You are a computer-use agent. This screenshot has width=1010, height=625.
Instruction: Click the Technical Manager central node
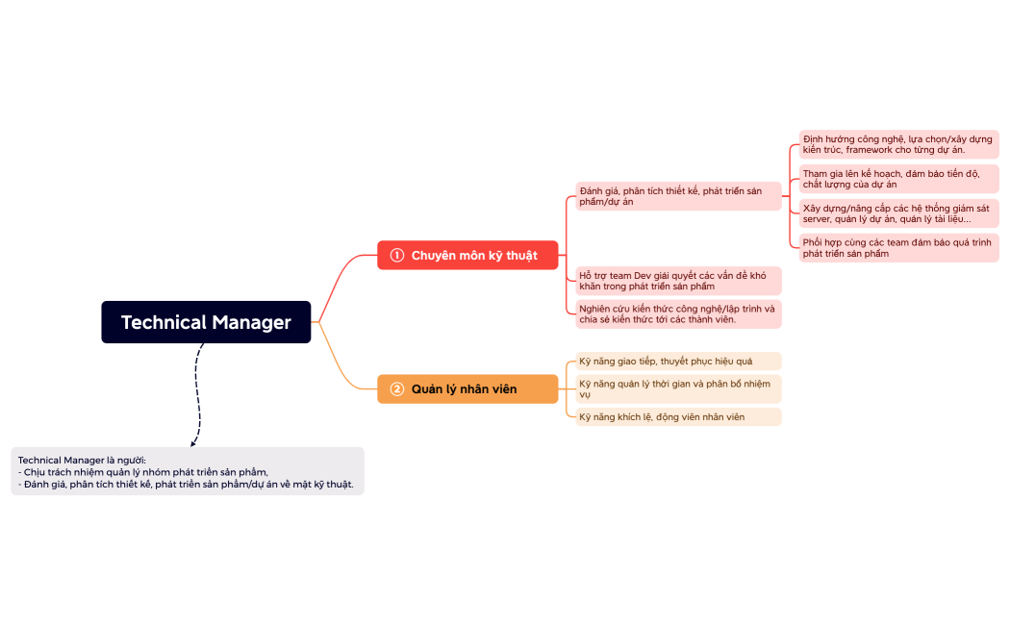tap(206, 322)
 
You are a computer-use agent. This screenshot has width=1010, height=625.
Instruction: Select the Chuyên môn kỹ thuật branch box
tap(467, 255)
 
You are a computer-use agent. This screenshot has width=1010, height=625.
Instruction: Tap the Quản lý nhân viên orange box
tap(467, 388)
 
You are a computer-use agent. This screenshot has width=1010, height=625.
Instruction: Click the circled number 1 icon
tap(396, 255)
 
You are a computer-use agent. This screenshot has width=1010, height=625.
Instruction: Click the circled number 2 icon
tap(396, 388)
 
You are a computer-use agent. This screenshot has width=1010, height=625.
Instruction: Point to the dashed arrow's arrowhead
tap(194, 443)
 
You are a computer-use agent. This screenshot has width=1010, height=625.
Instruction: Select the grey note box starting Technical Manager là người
tap(188, 471)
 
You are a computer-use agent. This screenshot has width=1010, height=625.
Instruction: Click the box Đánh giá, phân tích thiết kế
tap(678, 196)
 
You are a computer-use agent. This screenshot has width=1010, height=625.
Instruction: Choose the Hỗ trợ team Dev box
tap(678, 281)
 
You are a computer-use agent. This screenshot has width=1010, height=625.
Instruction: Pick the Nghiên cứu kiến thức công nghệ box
tap(678, 313)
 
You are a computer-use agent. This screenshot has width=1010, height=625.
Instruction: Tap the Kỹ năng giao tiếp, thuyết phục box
tap(678, 361)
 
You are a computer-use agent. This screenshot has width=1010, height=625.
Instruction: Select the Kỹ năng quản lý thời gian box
tap(678, 388)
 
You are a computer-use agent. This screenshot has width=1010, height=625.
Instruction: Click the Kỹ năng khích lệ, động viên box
tap(678, 416)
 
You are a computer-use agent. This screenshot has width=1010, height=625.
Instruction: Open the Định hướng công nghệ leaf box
tap(898, 144)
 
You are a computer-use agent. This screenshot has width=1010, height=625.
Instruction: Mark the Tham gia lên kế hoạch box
tap(898, 179)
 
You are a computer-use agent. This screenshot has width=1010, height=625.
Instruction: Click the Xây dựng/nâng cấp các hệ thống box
tap(898, 213)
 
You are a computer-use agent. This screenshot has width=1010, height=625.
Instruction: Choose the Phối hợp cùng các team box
tap(898, 248)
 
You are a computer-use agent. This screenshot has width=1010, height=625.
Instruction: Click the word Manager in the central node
tap(251, 322)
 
